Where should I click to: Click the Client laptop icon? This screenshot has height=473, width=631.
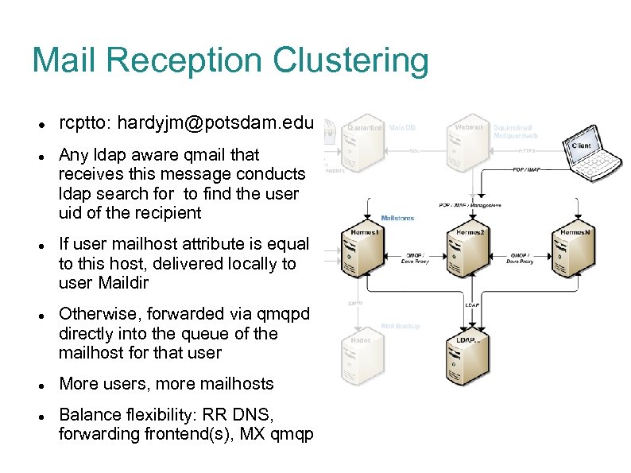[x=591, y=156]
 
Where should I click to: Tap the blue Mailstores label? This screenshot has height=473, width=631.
[x=398, y=217]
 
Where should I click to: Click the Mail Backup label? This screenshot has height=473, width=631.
[x=401, y=326]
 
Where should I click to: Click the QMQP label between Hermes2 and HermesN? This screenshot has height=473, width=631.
[x=520, y=257]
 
